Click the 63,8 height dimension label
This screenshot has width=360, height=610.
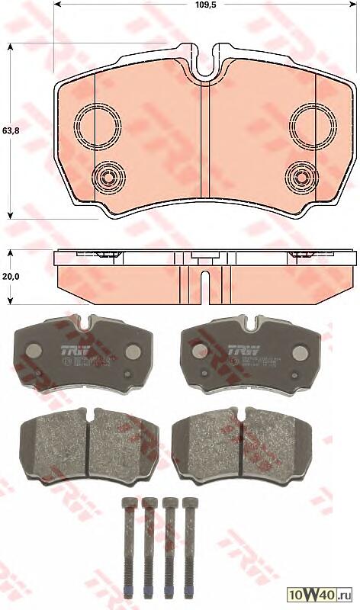(x=10, y=130)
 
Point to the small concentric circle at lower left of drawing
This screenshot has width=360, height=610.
(x=108, y=179)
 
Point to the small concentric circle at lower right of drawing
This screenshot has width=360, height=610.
(x=302, y=179)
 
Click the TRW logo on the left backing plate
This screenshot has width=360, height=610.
(x=68, y=351)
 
